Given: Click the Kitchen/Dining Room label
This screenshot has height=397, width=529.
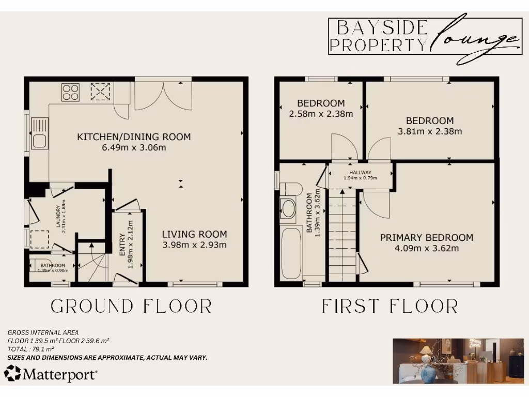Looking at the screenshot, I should pos(134,137).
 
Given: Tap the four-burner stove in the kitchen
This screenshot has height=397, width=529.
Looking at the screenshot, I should pos(71,93).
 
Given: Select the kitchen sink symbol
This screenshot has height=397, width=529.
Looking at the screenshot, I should pos(39,133).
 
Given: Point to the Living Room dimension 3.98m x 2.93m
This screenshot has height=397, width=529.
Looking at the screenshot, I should pos(194,245).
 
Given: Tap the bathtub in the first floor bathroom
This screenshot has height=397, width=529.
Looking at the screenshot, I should pos(291,253).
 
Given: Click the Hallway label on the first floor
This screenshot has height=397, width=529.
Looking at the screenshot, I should pos(360,173).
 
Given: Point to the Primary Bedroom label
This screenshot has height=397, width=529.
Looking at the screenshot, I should pos(426,238).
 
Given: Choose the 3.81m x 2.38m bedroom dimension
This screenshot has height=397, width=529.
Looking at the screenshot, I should pos(430,131).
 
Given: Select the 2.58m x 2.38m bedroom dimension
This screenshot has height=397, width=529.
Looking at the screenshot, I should pos(321,114).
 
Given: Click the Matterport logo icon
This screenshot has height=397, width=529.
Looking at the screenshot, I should pos(12,373).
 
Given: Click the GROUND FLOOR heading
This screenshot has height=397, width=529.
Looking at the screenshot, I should pos(131,306).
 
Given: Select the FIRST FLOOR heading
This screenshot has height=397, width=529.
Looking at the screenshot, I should pos(390,306).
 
